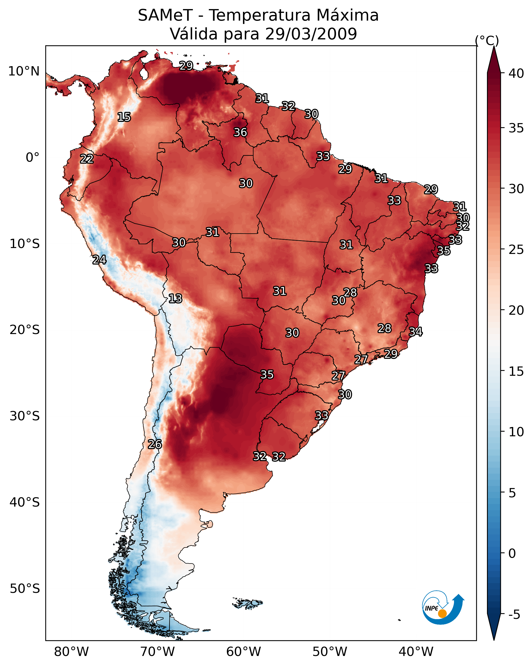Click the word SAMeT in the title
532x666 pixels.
coord(165,15)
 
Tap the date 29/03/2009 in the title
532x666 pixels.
coord(311,34)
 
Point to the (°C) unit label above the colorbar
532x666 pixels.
coord(487,40)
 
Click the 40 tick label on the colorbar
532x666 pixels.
coord(516,73)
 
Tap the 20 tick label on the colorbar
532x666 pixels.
coord(516,310)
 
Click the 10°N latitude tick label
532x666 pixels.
coord(24,71)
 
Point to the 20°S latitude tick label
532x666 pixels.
coord(25,330)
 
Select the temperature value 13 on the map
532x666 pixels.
coord(175,299)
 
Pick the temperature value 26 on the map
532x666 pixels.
coord(155,445)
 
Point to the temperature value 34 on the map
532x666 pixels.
coord(416,332)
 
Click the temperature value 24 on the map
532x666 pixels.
coord(99,260)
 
